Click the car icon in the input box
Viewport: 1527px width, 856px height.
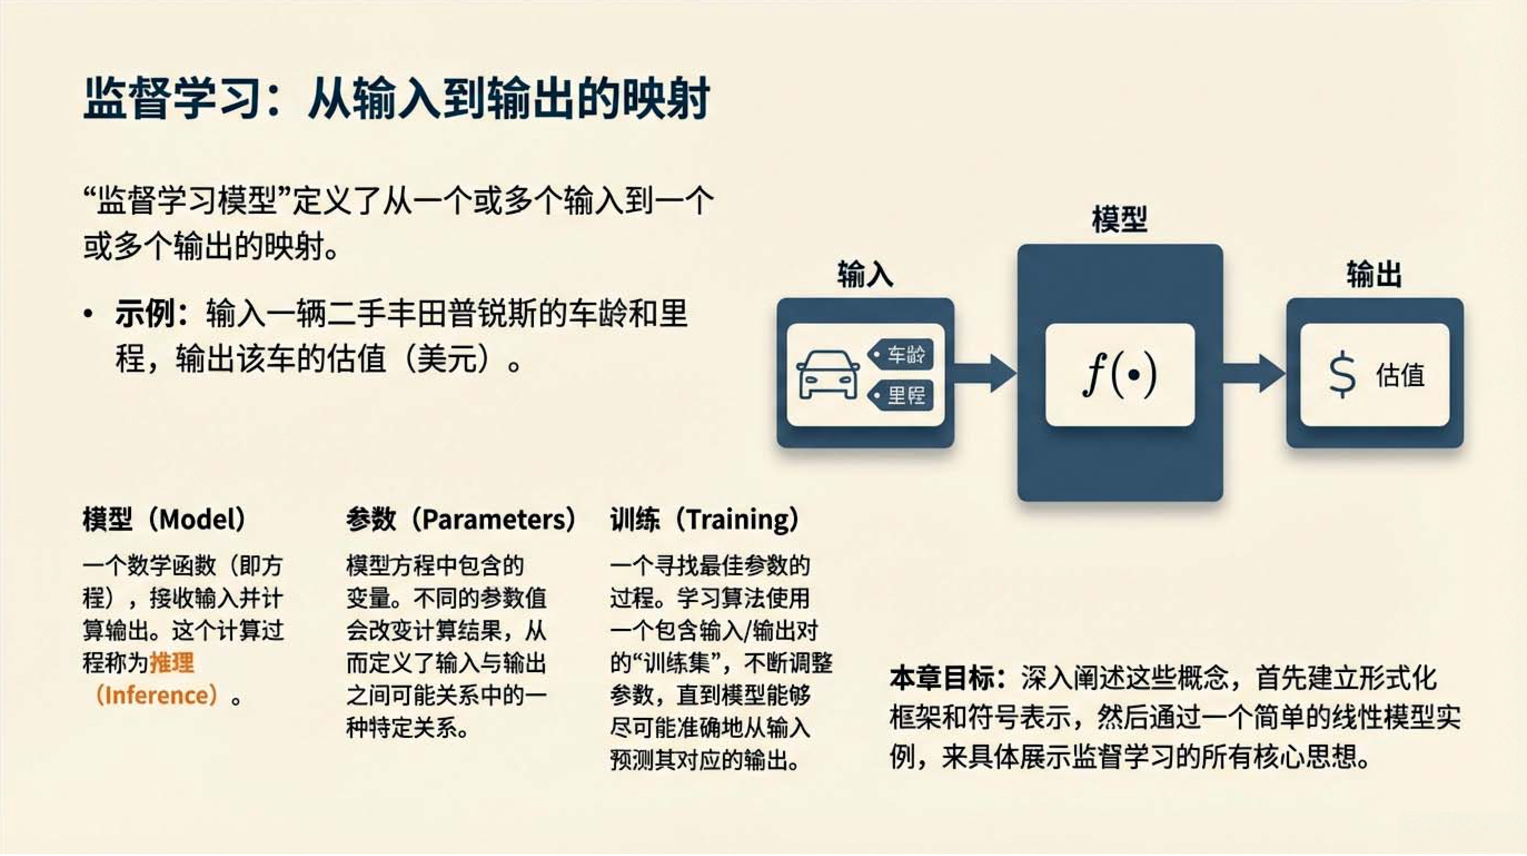coord(828,375)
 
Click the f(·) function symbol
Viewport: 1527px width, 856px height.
coord(1119,374)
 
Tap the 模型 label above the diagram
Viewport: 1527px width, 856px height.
coord(1120,220)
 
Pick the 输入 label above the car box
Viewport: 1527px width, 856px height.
coord(865,275)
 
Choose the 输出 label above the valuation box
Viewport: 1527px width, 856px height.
coord(1374,275)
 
